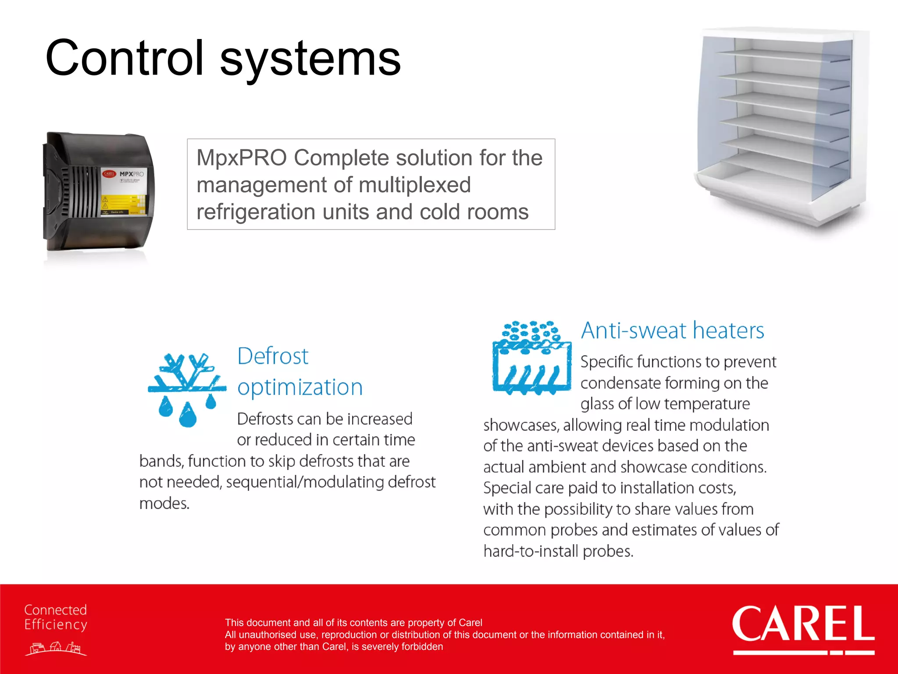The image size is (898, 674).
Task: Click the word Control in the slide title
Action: [x=125, y=58]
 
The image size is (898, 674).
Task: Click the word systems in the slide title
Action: [x=310, y=60]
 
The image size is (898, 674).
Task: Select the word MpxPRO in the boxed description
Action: [x=242, y=158]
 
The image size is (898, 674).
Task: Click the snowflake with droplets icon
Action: [x=187, y=389]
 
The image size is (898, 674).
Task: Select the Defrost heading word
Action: [x=273, y=356]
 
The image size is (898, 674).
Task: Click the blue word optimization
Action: [x=300, y=387]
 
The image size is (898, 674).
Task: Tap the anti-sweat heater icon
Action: [x=531, y=358]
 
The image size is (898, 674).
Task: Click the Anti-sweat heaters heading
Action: [x=672, y=330]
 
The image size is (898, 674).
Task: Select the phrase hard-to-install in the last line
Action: [x=531, y=551]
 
